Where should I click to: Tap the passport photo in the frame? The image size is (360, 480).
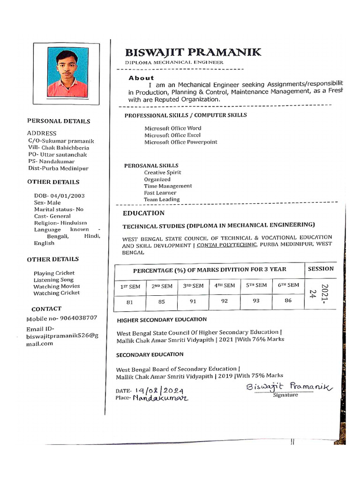click(x=67, y=73)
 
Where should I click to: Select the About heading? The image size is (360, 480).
click(x=141, y=78)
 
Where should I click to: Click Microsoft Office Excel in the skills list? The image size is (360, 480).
click(x=172, y=135)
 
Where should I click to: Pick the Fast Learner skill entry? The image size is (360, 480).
click(x=160, y=193)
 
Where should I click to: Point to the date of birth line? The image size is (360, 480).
click(x=59, y=196)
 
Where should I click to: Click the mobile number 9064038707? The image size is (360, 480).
click(x=62, y=318)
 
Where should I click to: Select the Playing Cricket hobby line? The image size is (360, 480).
click(x=54, y=273)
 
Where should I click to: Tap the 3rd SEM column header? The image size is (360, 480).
click(x=193, y=285)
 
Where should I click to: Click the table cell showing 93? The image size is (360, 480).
click(x=256, y=301)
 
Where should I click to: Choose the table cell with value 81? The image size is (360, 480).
click(x=130, y=302)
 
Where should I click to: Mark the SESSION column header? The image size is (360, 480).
click(x=321, y=269)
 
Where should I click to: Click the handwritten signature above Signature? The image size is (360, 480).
click(x=288, y=387)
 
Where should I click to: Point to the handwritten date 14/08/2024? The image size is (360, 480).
click(x=159, y=390)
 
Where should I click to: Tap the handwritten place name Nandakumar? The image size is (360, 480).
click(x=160, y=398)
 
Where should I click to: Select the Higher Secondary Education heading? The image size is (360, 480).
click(x=162, y=319)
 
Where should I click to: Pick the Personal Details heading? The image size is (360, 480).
click(x=59, y=121)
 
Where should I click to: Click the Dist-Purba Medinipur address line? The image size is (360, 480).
click(x=58, y=168)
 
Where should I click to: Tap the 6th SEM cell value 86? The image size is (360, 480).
click(x=288, y=301)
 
